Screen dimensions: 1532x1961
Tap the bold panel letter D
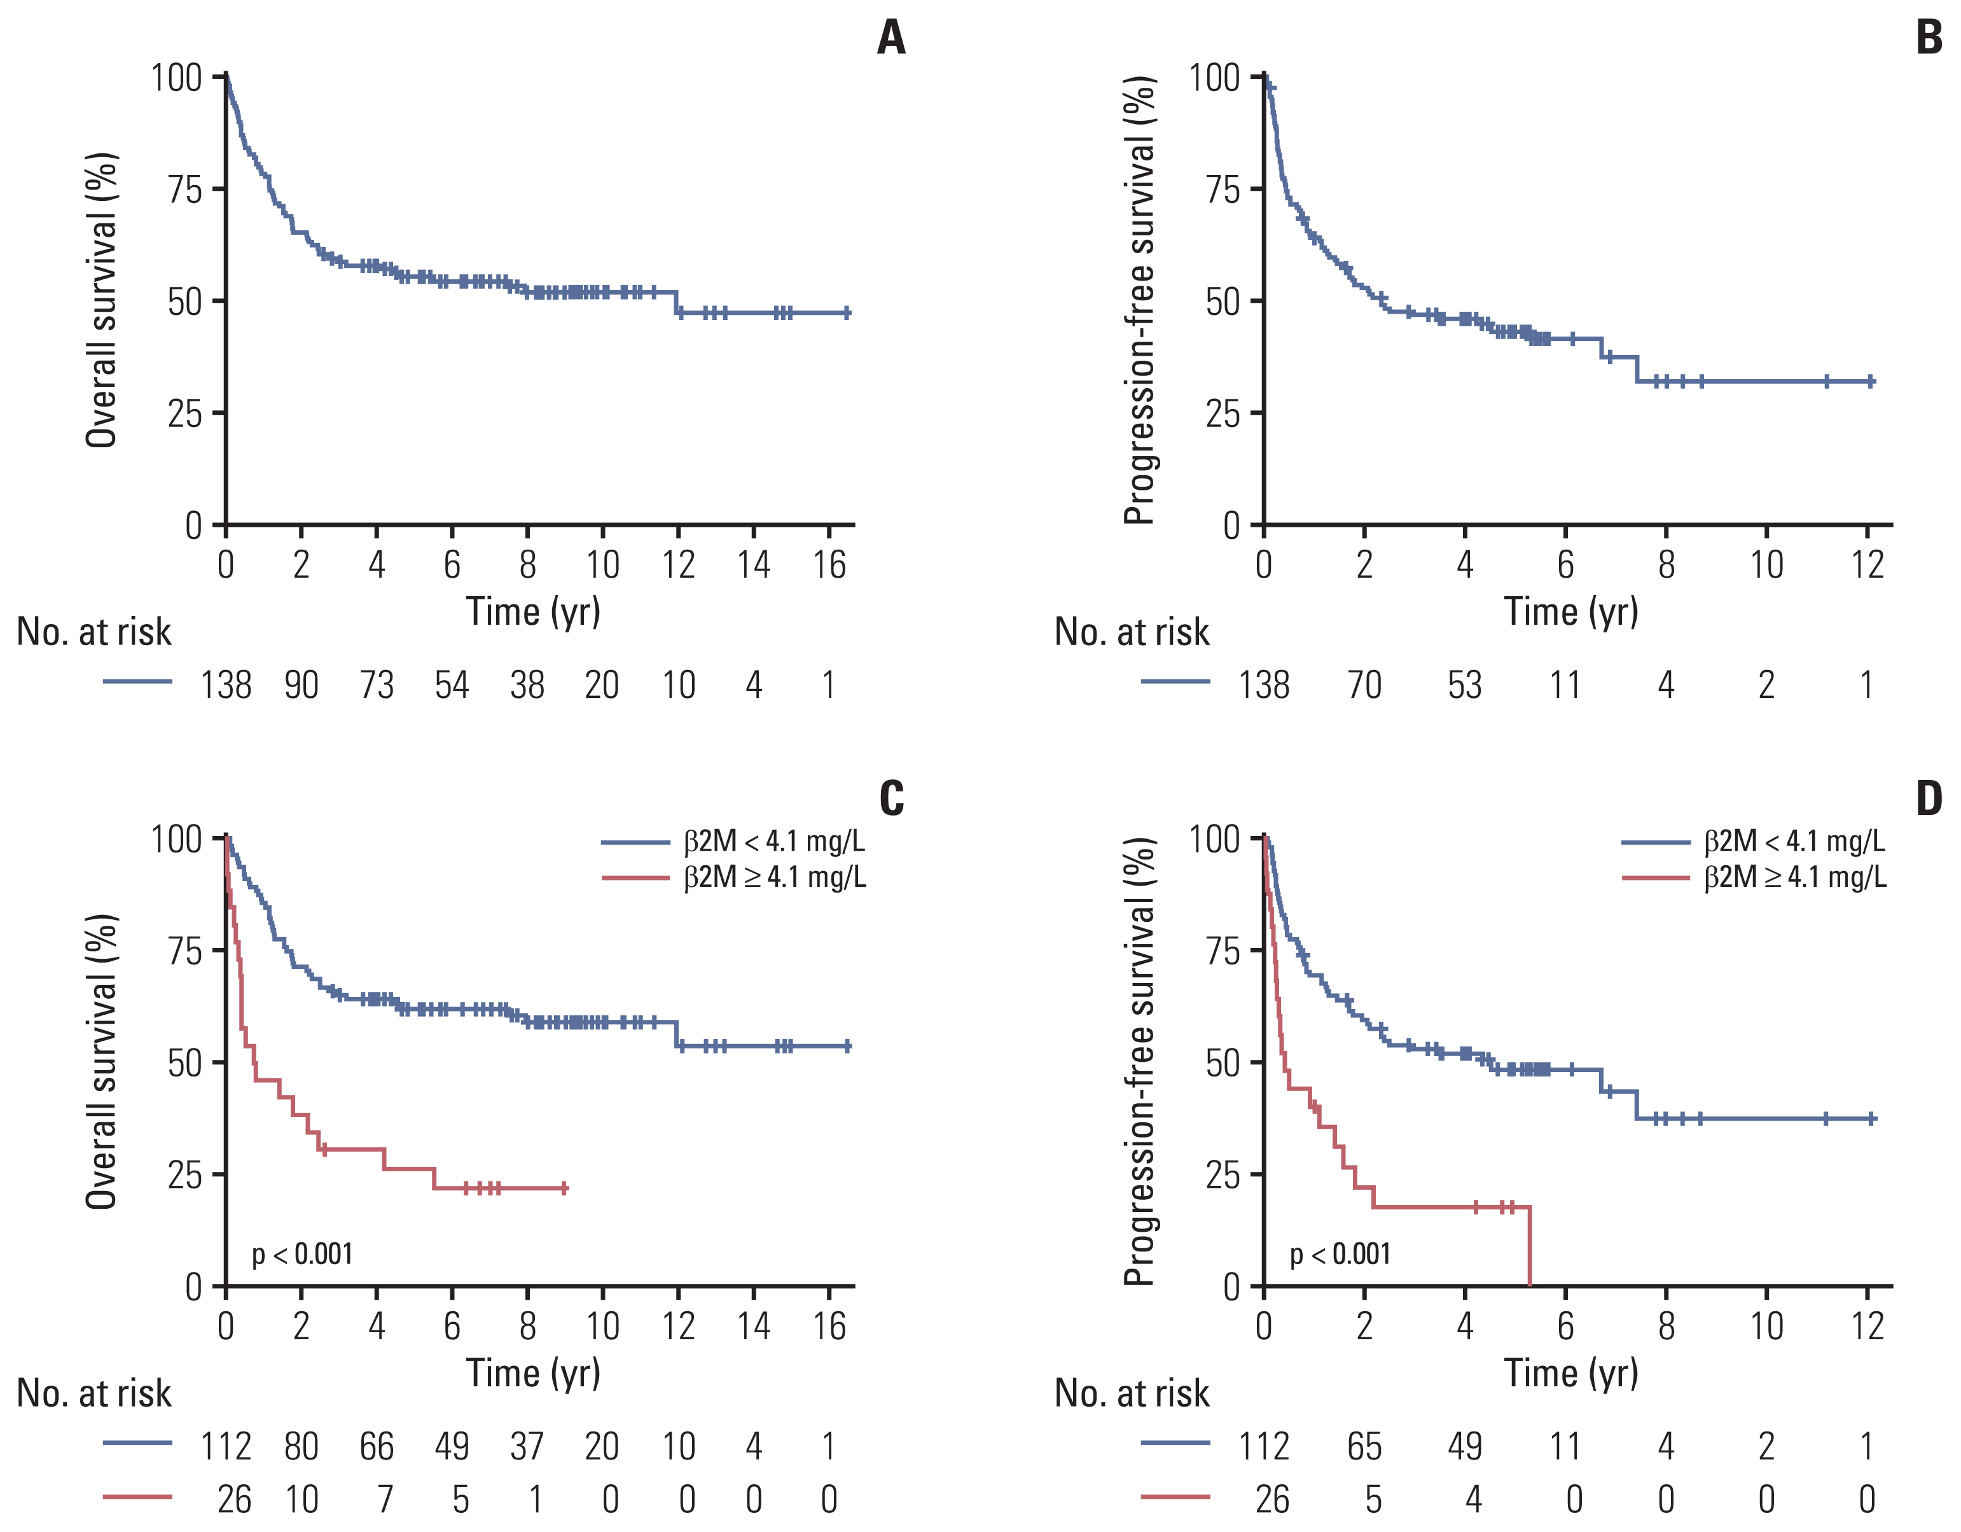click(x=1929, y=798)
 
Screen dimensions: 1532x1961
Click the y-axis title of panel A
click(x=102, y=300)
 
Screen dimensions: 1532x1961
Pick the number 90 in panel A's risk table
click(x=301, y=685)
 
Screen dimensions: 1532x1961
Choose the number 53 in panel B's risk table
click(x=1464, y=685)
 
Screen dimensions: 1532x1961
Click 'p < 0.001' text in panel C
click(x=301, y=1253)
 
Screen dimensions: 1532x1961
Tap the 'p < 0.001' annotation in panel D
click(x=1340, y=1253)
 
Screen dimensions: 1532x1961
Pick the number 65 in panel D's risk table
click(x=1364, y=1447)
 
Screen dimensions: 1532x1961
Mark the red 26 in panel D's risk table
click(x=1272, y=1500)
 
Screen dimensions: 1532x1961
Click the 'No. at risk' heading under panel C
click(x=94, y=1393)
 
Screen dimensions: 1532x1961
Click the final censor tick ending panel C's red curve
click(x=564, y=1188)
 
